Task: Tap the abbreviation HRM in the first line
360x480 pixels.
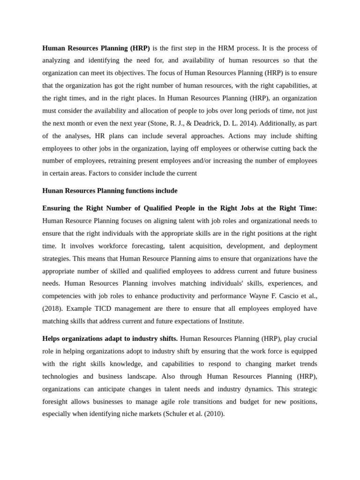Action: click(x=225, y=48)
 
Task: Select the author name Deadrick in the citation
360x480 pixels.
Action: click(x=218, y=123)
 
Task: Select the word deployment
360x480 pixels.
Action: click(x=299, y=246)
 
